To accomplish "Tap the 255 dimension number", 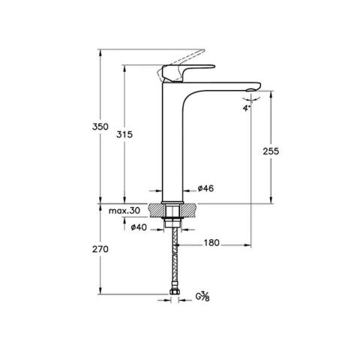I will click(x=272, y=151).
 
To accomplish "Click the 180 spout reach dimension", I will click(x=212, y=243).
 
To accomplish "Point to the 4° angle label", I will click(x=245, y=107).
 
